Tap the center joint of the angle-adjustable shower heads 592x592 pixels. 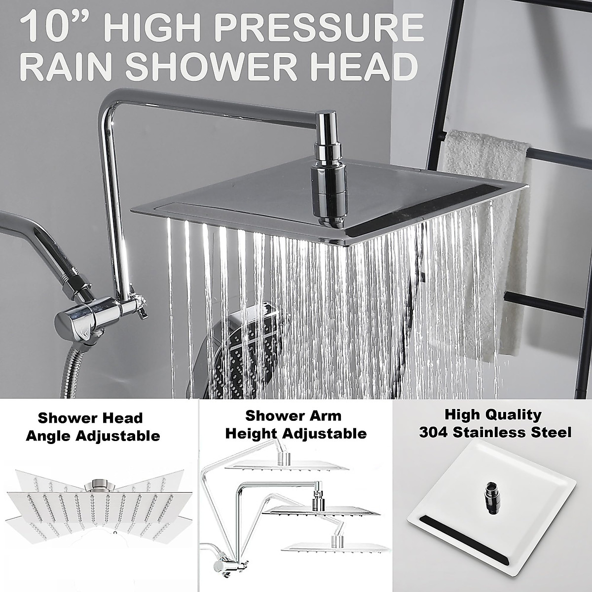coord(99,486)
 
